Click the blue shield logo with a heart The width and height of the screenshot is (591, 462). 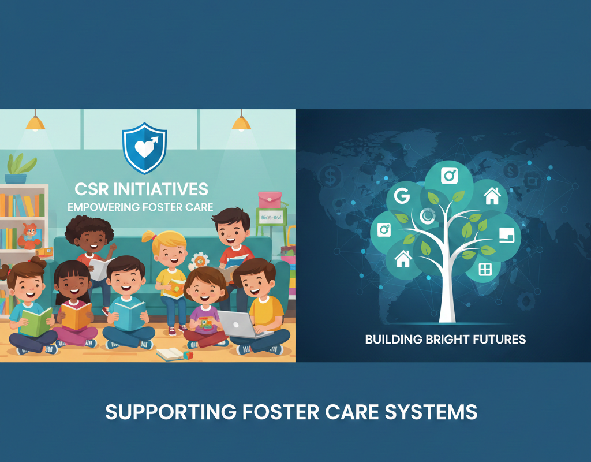(x=144, y=148)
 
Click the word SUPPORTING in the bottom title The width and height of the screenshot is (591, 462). (x=171, y=412)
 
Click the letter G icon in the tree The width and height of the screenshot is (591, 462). (x=402, y=196)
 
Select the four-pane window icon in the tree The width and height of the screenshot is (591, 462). (x=485, y=269)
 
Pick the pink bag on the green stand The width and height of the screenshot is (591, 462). (x=270, y=199)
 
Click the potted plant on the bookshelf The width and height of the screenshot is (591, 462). (x=21, y=168)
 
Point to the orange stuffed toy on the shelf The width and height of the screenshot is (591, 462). (x=29, y=236)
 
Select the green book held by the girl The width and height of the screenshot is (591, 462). (x=36, y=322)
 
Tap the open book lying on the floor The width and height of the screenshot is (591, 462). (x=170, y=354)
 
